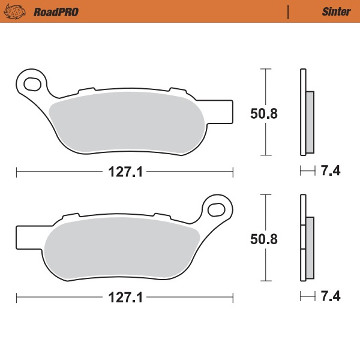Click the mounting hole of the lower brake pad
click(x=217, y=209)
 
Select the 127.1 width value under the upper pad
click(x=125, y=172)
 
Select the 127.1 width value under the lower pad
click(x=125, y=298)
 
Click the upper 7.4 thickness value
click(x=331, y=172)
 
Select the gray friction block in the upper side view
click(x=310, y=121)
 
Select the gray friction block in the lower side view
click(x=310, y=247)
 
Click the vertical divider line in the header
click(x=289, y=11)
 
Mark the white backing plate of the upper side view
click(x=302, y=114)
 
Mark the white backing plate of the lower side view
click(x=302, y=240)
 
